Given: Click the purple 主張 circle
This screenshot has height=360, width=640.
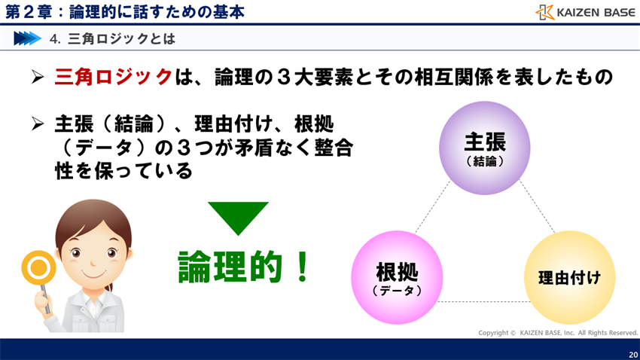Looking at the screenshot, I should [x=484, y=148].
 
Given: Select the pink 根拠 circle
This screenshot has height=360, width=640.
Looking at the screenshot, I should [x=397, y=276].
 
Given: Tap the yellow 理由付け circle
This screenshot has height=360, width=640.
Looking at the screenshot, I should [x=569, y=276].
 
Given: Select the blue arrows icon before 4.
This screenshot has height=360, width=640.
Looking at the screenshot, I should [x=27, y=38].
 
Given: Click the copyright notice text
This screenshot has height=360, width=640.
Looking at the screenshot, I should [x=557, y=332].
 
